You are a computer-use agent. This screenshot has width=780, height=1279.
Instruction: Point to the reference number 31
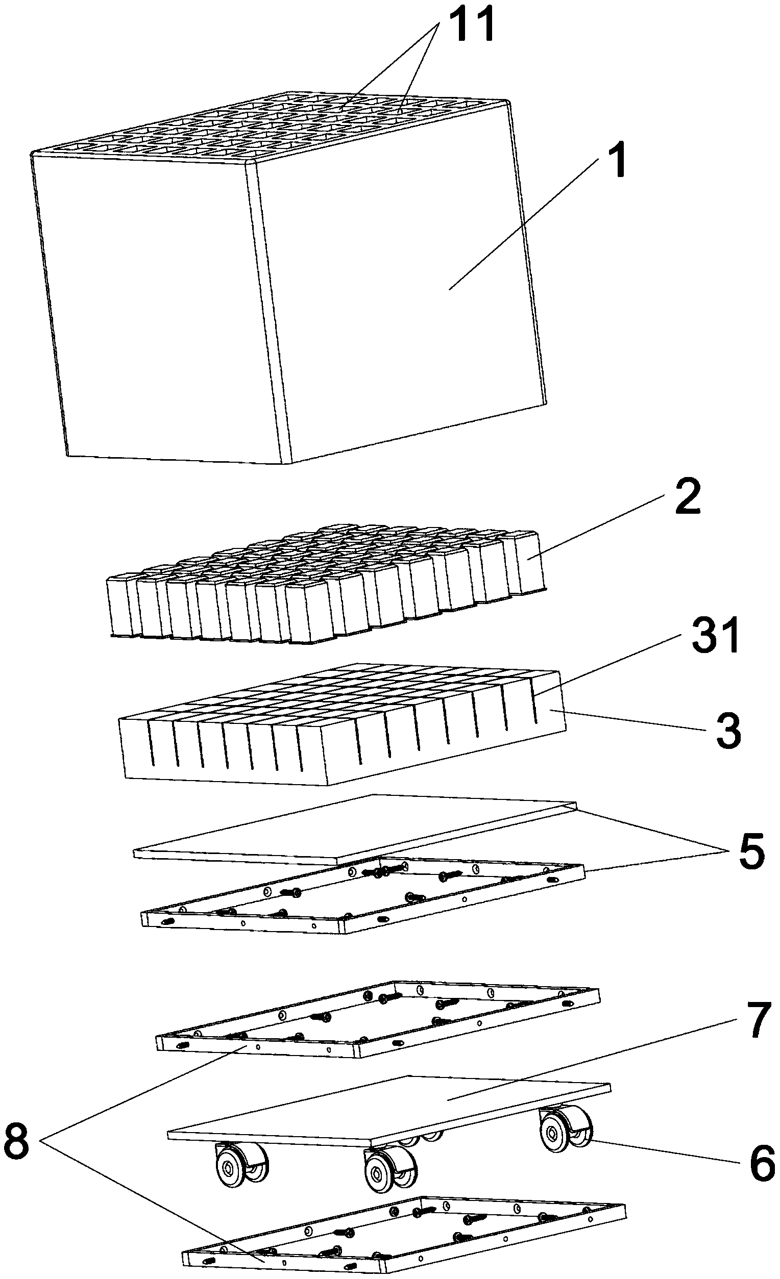click(716, 638)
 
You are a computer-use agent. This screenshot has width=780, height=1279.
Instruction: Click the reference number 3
click(728, 732)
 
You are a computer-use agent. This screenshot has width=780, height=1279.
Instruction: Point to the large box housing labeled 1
click(291, 291)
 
